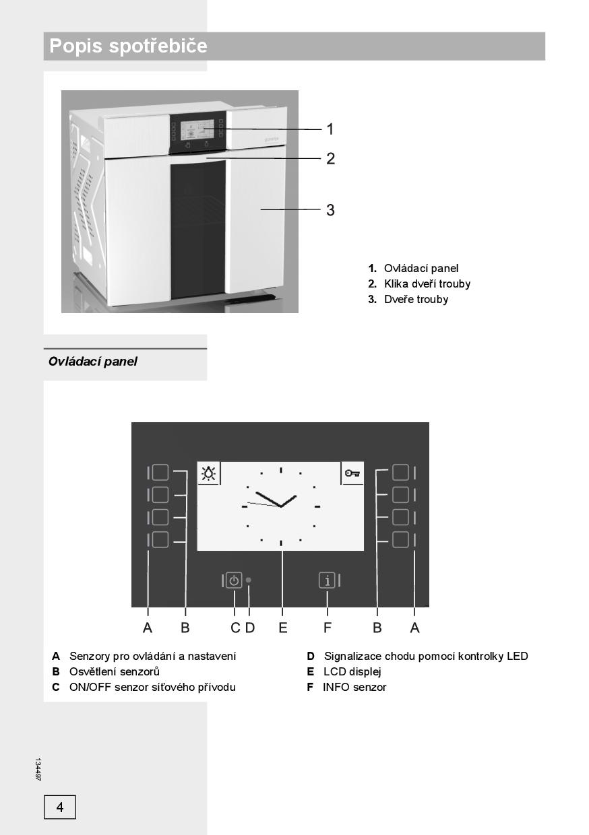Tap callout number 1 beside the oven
click(330, 129)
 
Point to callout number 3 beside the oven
click(330, 210)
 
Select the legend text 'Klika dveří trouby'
click(427, 283)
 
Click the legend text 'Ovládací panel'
click(421, 268)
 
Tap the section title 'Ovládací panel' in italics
click(93, 362)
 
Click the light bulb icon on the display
click(209, 474)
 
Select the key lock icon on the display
click(352, 473)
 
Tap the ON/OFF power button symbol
click(234, 580)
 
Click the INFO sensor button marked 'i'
click(327, 580)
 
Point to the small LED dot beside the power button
click(249, 580)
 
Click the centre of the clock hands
click(280, 506)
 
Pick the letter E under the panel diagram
click(283, 628)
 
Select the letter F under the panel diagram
click(328, 628)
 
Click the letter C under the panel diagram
click(235, 628)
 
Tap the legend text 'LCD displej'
click(352, 671)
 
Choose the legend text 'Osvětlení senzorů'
click(115, 671)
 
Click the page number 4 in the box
click(60, 807)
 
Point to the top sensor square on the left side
click(160, 472)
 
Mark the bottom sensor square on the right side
click(400, 540)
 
